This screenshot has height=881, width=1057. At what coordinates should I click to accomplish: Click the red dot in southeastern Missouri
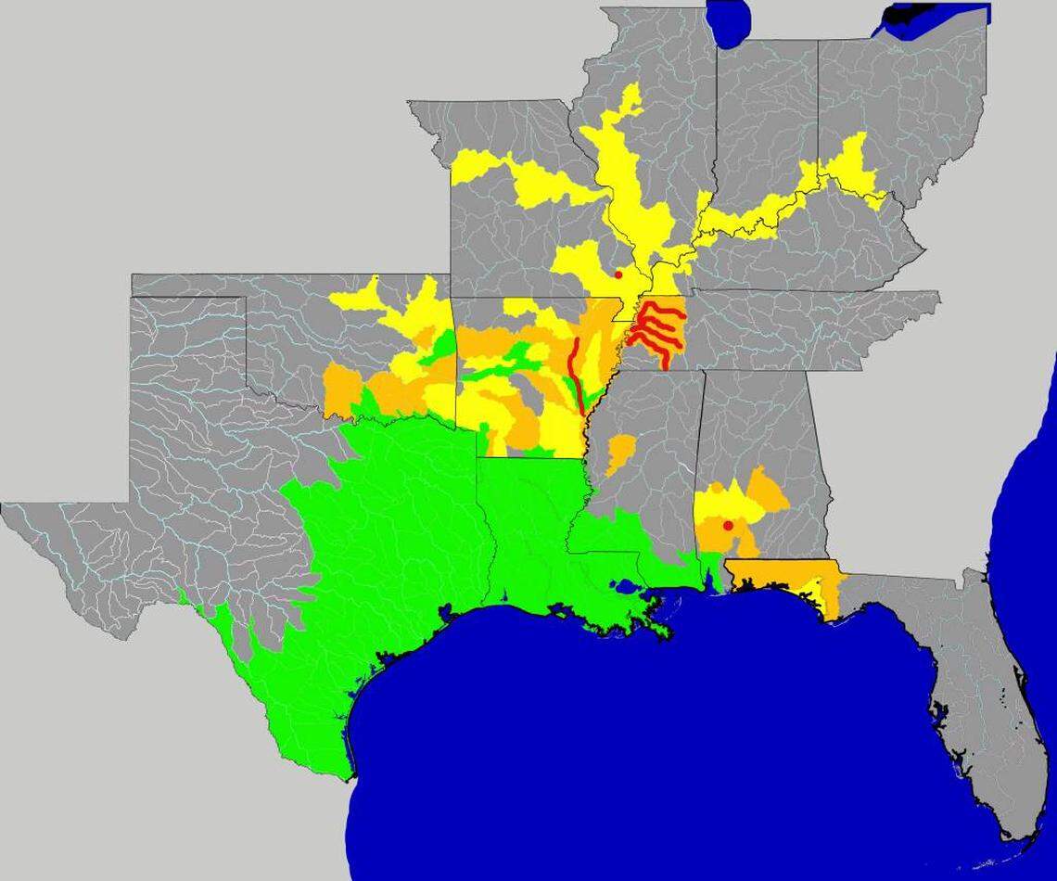[x=618, y=274]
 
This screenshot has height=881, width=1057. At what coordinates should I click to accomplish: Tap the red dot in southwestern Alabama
[x=728, y=526]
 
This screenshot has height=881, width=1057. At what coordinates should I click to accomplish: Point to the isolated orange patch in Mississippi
[x=618, y=452]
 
